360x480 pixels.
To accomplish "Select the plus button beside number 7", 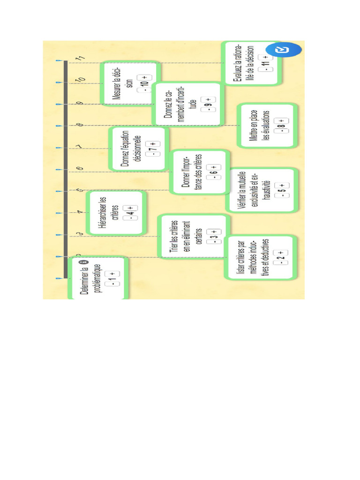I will [x=151, y=143].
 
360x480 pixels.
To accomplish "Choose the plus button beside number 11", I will [x=266, y=57].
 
